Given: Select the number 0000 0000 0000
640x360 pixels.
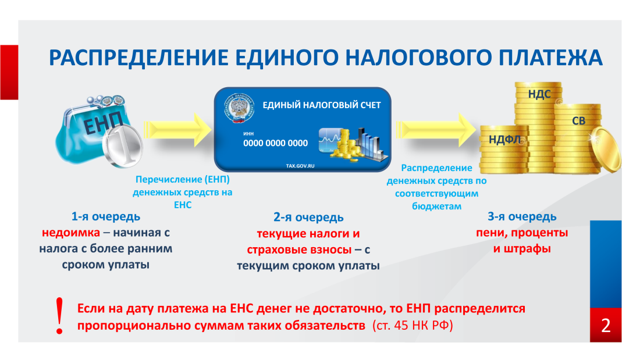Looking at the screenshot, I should [275, 143].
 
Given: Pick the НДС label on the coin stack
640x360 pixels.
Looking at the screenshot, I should [539, 93].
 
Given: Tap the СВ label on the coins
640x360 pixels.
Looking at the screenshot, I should [578, 121].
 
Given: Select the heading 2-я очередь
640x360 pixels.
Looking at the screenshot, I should [308, 218].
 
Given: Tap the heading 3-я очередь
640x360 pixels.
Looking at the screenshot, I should [522, 217].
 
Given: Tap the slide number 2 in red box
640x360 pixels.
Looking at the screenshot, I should [605, 325].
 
